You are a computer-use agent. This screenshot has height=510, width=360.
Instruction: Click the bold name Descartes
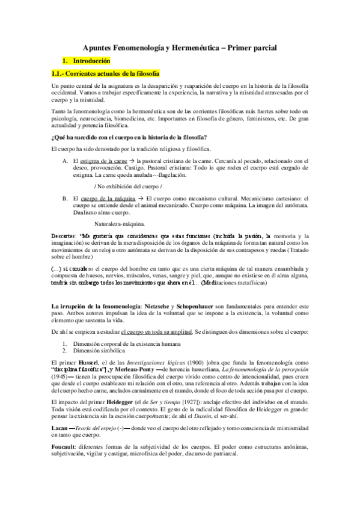[x=65, y=236]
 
